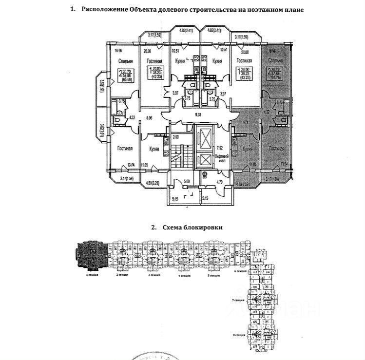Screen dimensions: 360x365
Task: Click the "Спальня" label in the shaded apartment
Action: [x=276, y=60]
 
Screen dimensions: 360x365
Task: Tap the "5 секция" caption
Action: [x=213, y=275]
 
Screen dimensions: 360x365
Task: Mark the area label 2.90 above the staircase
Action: [x=176, y=137]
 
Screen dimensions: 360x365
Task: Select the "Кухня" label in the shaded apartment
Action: [x=248, y=149]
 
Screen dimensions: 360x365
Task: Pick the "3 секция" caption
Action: [x=154, y=275]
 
